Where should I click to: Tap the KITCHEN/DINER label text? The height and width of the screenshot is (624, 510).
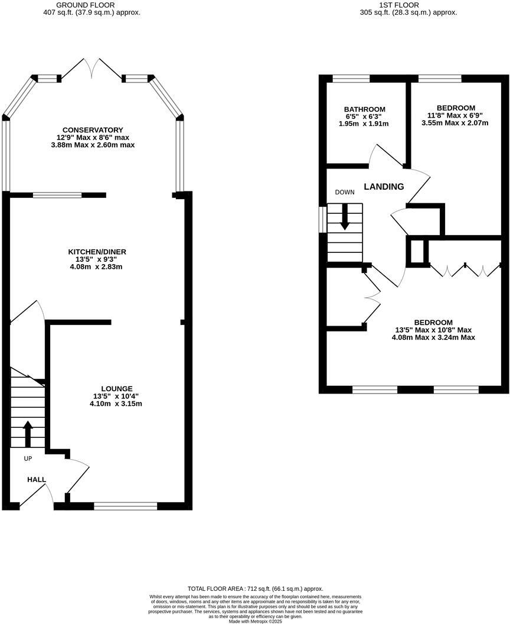(x=97, y=252)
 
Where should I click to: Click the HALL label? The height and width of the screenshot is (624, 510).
(x=36, y=480)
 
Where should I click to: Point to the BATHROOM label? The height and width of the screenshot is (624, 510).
(x=365, y=109)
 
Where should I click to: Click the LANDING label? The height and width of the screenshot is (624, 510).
(x=384, y=187)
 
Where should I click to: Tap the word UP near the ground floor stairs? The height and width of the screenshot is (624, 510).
(x=28, y=459)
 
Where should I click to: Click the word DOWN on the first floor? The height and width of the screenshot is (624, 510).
(x=345, y=193)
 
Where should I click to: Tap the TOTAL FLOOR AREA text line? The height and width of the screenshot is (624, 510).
(x=255, y=589)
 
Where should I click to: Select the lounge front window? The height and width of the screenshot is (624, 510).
(x=125, y=506)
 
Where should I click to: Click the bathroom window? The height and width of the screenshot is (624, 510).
(x=351, y=78)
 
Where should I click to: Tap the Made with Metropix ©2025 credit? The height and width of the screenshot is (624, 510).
(x=255, y=621)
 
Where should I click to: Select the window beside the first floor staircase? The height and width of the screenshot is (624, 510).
(x=322, y=219)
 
